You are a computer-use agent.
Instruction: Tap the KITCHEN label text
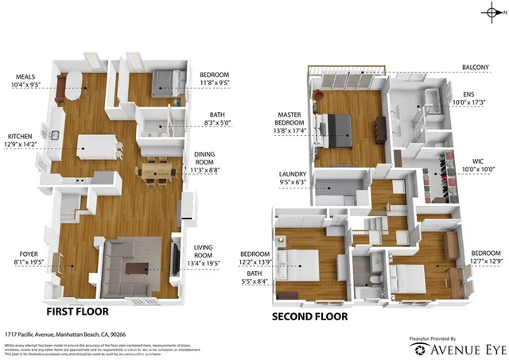21,136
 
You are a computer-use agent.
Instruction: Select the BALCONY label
477,68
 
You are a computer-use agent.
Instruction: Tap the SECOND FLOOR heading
309,316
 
